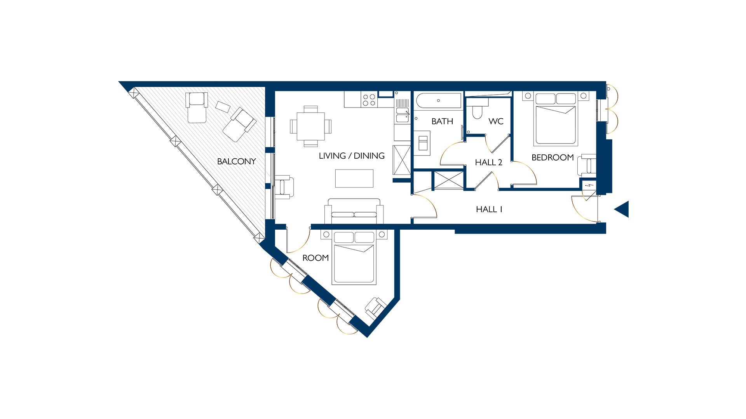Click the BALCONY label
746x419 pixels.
(236, 161)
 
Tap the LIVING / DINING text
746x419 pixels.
(351, 156)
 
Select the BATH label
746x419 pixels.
(442, 121)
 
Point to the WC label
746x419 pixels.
(496, 121)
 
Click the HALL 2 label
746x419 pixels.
(488, 163)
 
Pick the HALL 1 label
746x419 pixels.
(489, 209)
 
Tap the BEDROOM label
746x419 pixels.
(552, 158)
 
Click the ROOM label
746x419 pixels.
(315, 258)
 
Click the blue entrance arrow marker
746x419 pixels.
(622, 209)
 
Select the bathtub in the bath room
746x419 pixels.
(438, 101)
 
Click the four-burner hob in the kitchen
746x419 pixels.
(369, 100)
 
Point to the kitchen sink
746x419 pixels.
(402, 115)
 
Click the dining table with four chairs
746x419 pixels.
(310, 126)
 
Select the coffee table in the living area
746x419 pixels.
(354, 178)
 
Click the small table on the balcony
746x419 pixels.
(223, 107)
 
